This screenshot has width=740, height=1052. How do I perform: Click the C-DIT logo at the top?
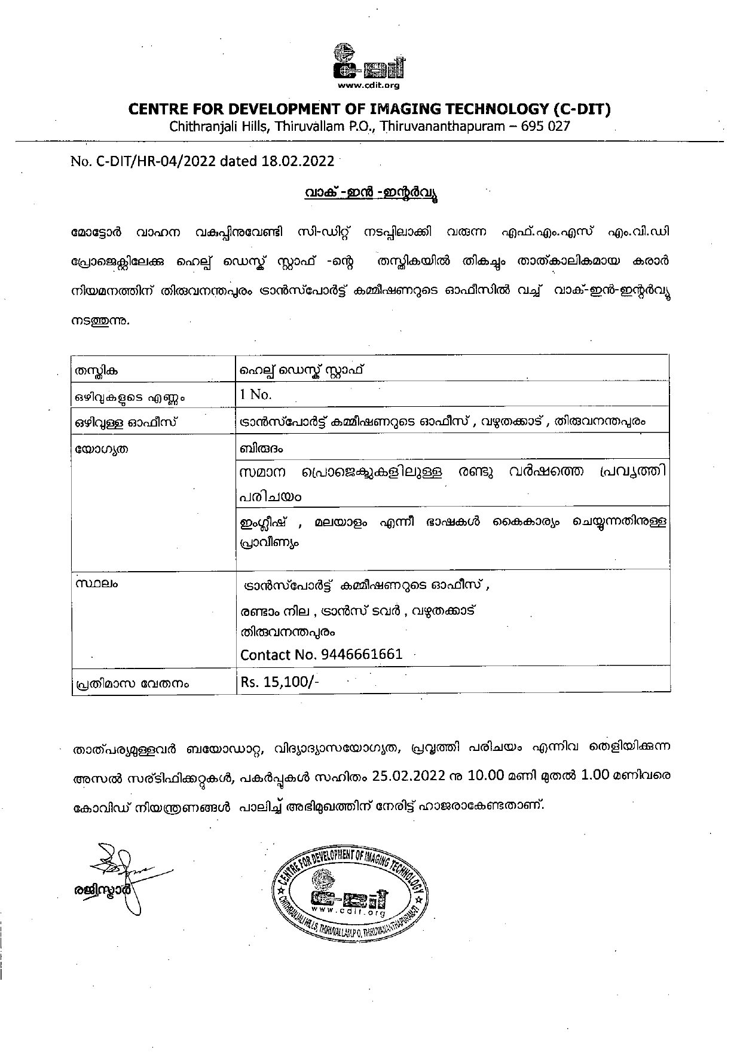point(369,62)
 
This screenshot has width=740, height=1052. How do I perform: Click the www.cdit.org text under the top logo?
point(369,85)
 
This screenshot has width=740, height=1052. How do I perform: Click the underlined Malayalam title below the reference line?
point(369,194)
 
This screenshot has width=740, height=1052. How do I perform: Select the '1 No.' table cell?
point(256,394)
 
